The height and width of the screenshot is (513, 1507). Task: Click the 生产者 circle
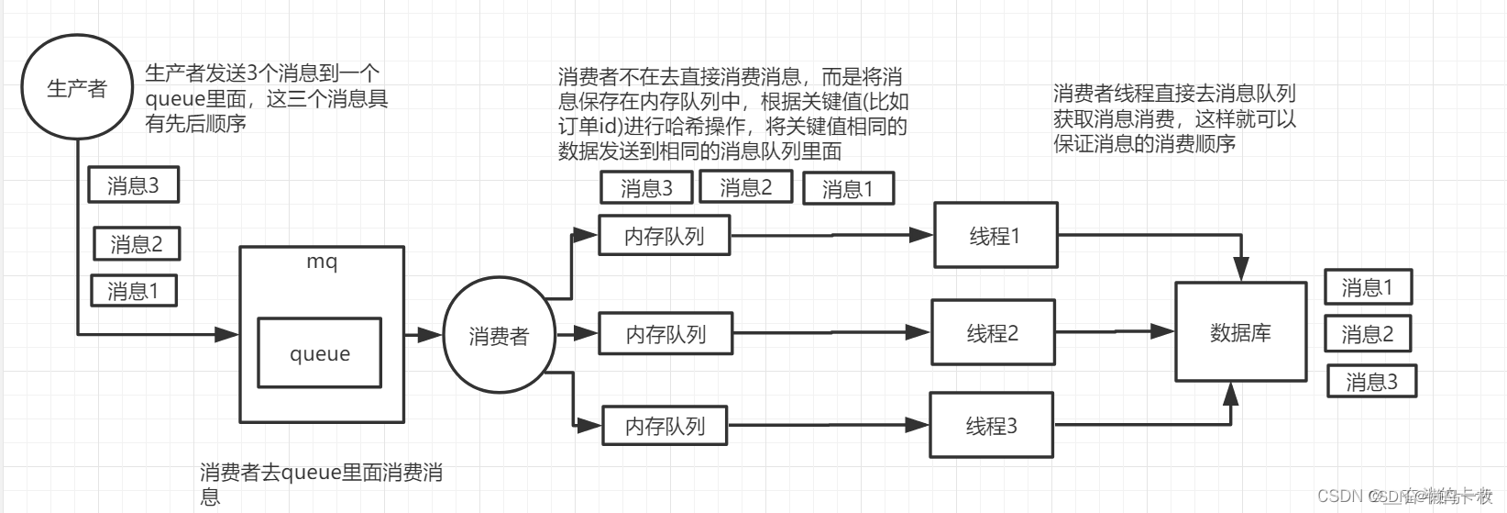pyautogui.click(x=77, y=87)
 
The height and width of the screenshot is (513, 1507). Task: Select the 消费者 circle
pyautogui.click(x=499, y=336)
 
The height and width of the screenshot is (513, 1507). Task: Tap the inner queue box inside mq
pyautogui.click(x=319, y=353)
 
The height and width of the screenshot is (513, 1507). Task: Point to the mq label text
pyautogui.click(x=322, y=262)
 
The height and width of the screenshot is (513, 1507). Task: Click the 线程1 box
pyautogui.click(x=995, y=236)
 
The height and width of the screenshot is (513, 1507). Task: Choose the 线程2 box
pyautogui.click(x=993, y=333)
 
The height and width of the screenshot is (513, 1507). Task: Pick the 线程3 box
pyautogui.click(x=991, y=426)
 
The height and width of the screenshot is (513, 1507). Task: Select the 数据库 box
pyautogui.click(x=1240, y=332)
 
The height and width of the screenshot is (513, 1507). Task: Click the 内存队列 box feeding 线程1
pyautogui.click(x=664, y=236)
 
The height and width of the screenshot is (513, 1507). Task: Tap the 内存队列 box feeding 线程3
pyautogui.click(x=665, y=426)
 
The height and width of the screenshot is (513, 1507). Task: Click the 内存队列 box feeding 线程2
pyautogui.click(x=665, y=334)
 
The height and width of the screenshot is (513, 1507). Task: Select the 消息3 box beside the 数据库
pyautogui.click(x=1371, y=381)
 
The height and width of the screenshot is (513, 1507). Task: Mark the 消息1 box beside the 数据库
pyautogui.click(x=1368, y=287)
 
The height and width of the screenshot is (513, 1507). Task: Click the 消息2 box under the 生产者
pyautogui.click(x=137, y=244)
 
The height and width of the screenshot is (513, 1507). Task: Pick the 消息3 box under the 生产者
pyautogui.click(x=133, y=185)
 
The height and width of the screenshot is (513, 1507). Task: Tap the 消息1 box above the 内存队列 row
pyautogui.click(x=847, y=189)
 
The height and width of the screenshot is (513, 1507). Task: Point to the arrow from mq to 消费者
pyautogui.click(x=423, y=335)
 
